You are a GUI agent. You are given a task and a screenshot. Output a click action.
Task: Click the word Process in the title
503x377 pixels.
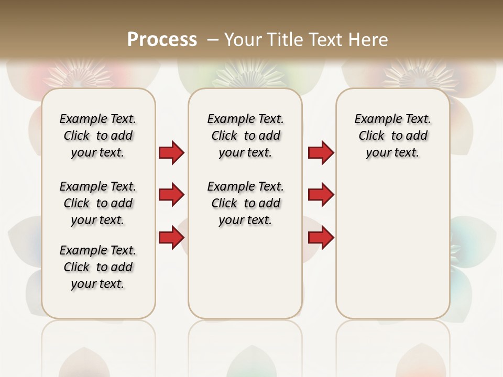pos(162,39)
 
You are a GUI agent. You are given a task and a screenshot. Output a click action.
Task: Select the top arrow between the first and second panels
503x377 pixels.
pos(171,153)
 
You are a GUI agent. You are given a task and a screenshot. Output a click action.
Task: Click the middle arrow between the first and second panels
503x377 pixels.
pos(171,195)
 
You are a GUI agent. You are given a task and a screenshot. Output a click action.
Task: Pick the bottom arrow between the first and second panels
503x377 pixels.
pos(171,238)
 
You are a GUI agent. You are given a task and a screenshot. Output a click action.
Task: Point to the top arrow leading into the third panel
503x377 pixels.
pos(321,153)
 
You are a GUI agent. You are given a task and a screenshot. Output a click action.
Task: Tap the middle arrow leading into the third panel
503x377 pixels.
pos(321,195)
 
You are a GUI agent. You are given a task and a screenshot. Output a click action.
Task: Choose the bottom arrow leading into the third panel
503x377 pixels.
pos(321,238)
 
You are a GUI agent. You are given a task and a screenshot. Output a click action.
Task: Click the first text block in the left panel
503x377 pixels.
pos(98,136)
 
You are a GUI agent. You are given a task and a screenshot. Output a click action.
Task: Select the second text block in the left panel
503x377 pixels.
pos(98,203)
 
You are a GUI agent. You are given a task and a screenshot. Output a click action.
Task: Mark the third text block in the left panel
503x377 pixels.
pos(98,267)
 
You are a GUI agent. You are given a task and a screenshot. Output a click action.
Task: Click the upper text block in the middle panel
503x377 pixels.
pos(245,136)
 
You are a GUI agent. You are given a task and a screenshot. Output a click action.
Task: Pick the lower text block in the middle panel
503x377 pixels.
pos(245,203)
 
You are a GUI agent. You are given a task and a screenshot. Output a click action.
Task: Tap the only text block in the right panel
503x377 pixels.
pos(392,136)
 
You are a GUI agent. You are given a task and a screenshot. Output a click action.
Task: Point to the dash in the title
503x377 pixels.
pos(212,39)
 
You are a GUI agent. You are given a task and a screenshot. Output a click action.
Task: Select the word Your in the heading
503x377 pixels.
pos(243,39)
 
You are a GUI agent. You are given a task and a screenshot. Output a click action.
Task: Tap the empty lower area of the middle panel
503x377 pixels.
pos(245,272)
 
